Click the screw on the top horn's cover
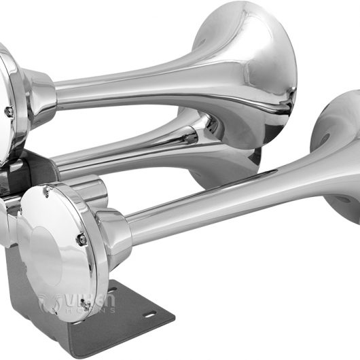coord(9,111)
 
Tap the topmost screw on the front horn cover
coord(46,192)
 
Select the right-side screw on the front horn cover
coord(81,239)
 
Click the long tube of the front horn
coord(204,204)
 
